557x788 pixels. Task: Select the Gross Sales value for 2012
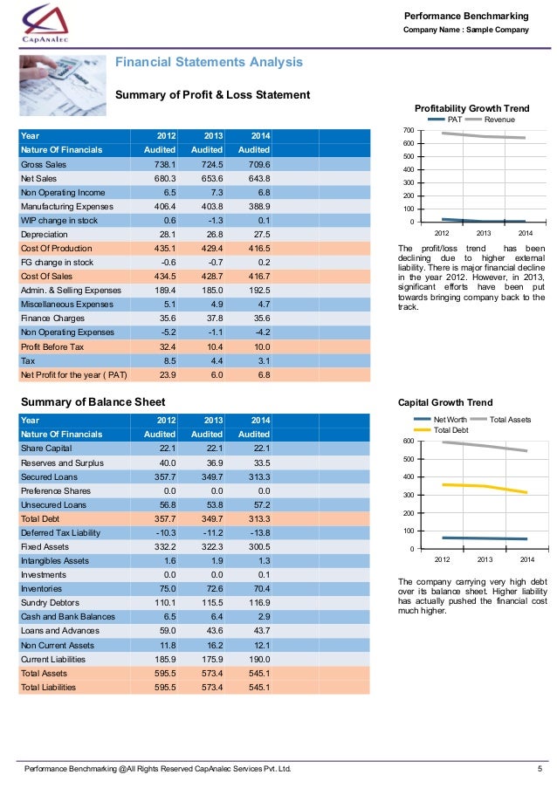click(166, 164)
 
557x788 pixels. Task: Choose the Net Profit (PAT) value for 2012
click(166, 375)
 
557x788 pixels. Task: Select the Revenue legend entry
click(499, 120)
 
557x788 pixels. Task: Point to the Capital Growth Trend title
click(445, 403)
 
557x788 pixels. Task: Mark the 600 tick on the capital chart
click(408, 442)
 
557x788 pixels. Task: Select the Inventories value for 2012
click(166, 589)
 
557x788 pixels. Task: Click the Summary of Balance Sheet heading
click(93, 402)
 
